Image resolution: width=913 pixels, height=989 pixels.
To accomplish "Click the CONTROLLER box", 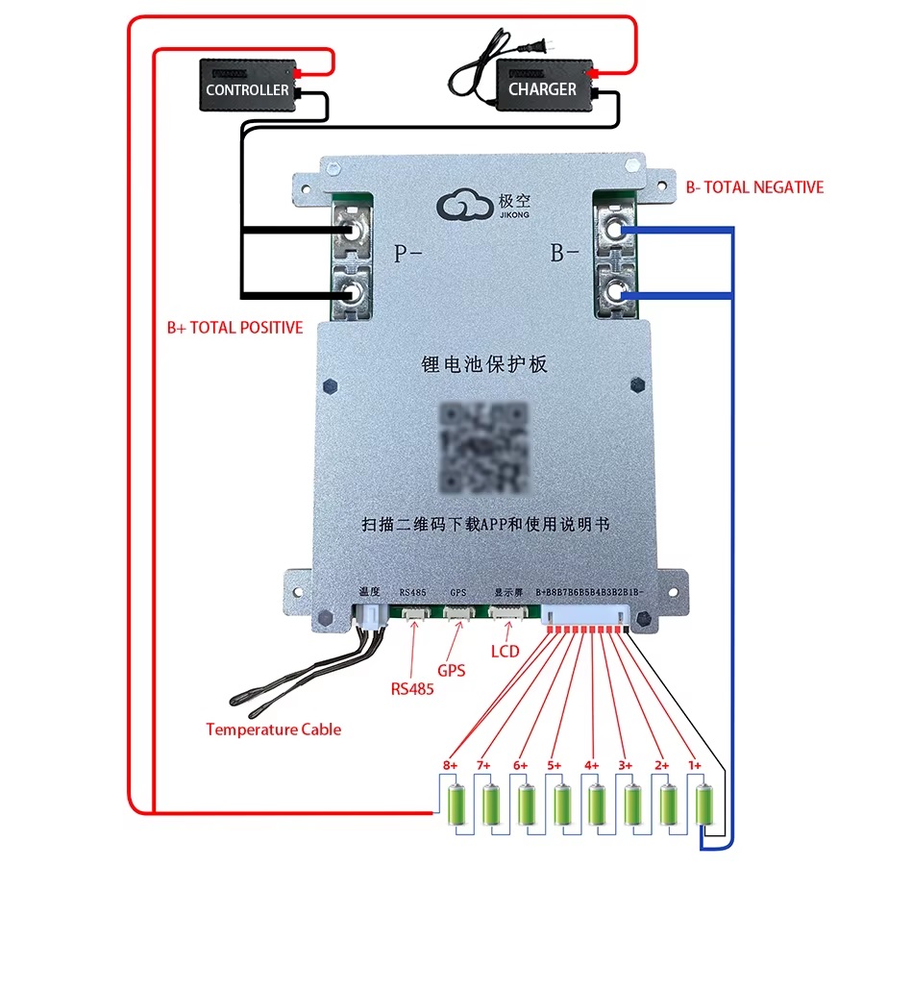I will pyautogui.click(x=247, y=87).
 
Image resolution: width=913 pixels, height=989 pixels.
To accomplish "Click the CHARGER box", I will pyautogui.click(x=542, y=87).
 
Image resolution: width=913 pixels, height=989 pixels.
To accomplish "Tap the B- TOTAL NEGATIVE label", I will pyautogui.click(x=754, y=187).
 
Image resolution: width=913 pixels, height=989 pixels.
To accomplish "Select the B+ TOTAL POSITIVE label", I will pyautogui.click(x=234, y=328).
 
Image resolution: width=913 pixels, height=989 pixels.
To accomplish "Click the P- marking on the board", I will pyautogui.click(x=407, y=254).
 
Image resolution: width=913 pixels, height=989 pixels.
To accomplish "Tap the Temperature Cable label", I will pyautogui.click(x=273, y=729).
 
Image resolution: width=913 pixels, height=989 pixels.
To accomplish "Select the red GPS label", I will pyautogui.click(x=452, y=670).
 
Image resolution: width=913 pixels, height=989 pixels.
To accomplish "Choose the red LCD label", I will pyautogui.click(x=505, y=652).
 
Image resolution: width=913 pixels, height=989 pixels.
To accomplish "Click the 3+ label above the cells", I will pyautogui.click(x=625, y=765).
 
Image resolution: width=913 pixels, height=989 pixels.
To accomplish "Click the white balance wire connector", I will pyautogui.click(x=585, y=615).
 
